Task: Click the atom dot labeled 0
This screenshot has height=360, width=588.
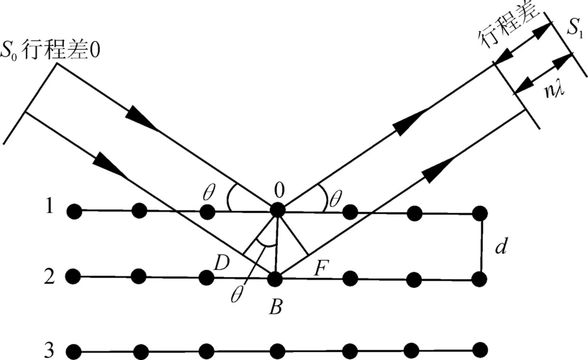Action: click(x=277, y=210)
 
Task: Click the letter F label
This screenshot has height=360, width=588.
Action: click(x=321, y=268)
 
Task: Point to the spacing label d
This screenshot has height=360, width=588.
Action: click(x=502, y=246)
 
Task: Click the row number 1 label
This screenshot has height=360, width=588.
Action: click(x=49, y=206)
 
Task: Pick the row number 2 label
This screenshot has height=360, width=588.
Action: click(x=50, y=276)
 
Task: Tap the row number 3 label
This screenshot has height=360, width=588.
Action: click(x=49, y=349)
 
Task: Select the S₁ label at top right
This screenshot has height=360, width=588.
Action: click(x=574, y=28)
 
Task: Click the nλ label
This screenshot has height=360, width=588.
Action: click(x=555, y=91)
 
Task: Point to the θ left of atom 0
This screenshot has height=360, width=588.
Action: click(x=209, y=193)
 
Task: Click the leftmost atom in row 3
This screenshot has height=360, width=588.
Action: click(x=74, y=351)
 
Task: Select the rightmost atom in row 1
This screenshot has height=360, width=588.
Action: click(x=479, y=213)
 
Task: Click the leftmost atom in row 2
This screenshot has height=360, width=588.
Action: click(x=73, y=276)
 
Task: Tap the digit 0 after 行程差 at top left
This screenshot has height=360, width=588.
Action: click(x=95, y=50)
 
